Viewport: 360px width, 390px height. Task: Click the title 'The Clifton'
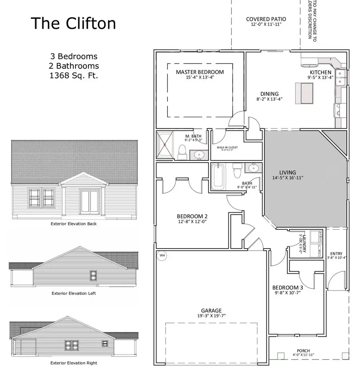coord(73,24)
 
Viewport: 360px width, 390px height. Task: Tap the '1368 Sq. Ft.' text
coord(74,75)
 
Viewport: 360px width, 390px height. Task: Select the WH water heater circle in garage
coord(162,255)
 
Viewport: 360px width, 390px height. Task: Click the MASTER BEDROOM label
coord(200,72)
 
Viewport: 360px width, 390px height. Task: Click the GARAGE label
coord(211,310)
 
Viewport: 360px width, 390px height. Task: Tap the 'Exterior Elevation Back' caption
coord(74,224)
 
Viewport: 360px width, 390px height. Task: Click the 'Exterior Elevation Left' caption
coord(74,293)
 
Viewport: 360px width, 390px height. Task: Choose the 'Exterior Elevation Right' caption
coord(74,363)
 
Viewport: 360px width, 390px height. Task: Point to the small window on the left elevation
coord(93,275)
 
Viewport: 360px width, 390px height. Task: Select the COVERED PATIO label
coord(266,19)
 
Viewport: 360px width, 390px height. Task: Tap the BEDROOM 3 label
coord(288,288)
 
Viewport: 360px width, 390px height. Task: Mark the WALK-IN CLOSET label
coord(227,147)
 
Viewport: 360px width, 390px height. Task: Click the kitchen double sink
coord(342,78)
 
